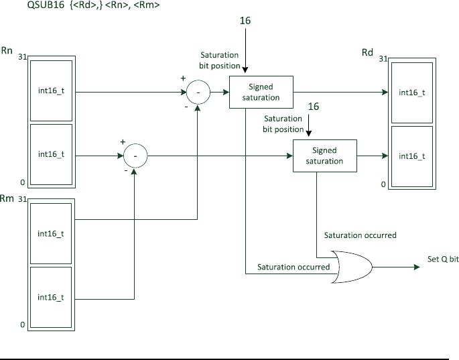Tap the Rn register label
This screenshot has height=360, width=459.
[x=7, y=50]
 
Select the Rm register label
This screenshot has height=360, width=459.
[x=7, y=198]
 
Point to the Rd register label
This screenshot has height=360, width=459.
[x=367, y=52]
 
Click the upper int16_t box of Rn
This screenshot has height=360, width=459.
[x=51, y=91]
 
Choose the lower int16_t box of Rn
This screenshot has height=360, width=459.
[x=51, y=154]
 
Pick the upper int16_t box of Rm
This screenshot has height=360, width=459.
[x=51, y=233]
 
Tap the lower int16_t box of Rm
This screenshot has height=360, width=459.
[x=51, y=297]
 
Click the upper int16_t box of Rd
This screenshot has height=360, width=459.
[x=412, y=93]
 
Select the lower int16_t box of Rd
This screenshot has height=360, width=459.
[x=412, y=156]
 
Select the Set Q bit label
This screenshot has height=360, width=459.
[x=443, y=259]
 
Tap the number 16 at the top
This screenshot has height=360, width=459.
[x=245, y=21]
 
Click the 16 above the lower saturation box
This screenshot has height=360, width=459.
[x=314, y=107]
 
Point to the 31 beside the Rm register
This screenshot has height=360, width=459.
[x=23, y=199]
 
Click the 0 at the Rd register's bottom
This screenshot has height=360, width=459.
[x=383, y=184]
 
